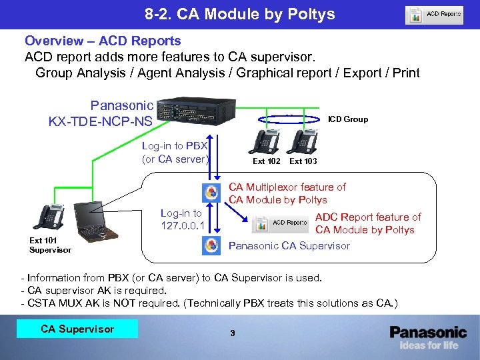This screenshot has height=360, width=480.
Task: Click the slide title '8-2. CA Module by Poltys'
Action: click(239, 14)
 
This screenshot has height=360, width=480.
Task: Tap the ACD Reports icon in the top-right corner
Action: click(434, 15)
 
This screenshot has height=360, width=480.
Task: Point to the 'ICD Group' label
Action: click(347, 119)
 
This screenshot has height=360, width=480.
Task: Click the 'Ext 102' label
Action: click(267, 161)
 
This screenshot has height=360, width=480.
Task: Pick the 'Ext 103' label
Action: click(303, 161)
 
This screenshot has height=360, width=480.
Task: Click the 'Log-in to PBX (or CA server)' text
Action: click(175, 152)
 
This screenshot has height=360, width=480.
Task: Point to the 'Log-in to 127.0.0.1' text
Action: click(181, 219)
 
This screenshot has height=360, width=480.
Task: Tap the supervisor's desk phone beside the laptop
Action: click(52, 215)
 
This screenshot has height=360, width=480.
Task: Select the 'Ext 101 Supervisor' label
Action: click(50, 245)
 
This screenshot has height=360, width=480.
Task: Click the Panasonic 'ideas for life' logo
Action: click(428, 337)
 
